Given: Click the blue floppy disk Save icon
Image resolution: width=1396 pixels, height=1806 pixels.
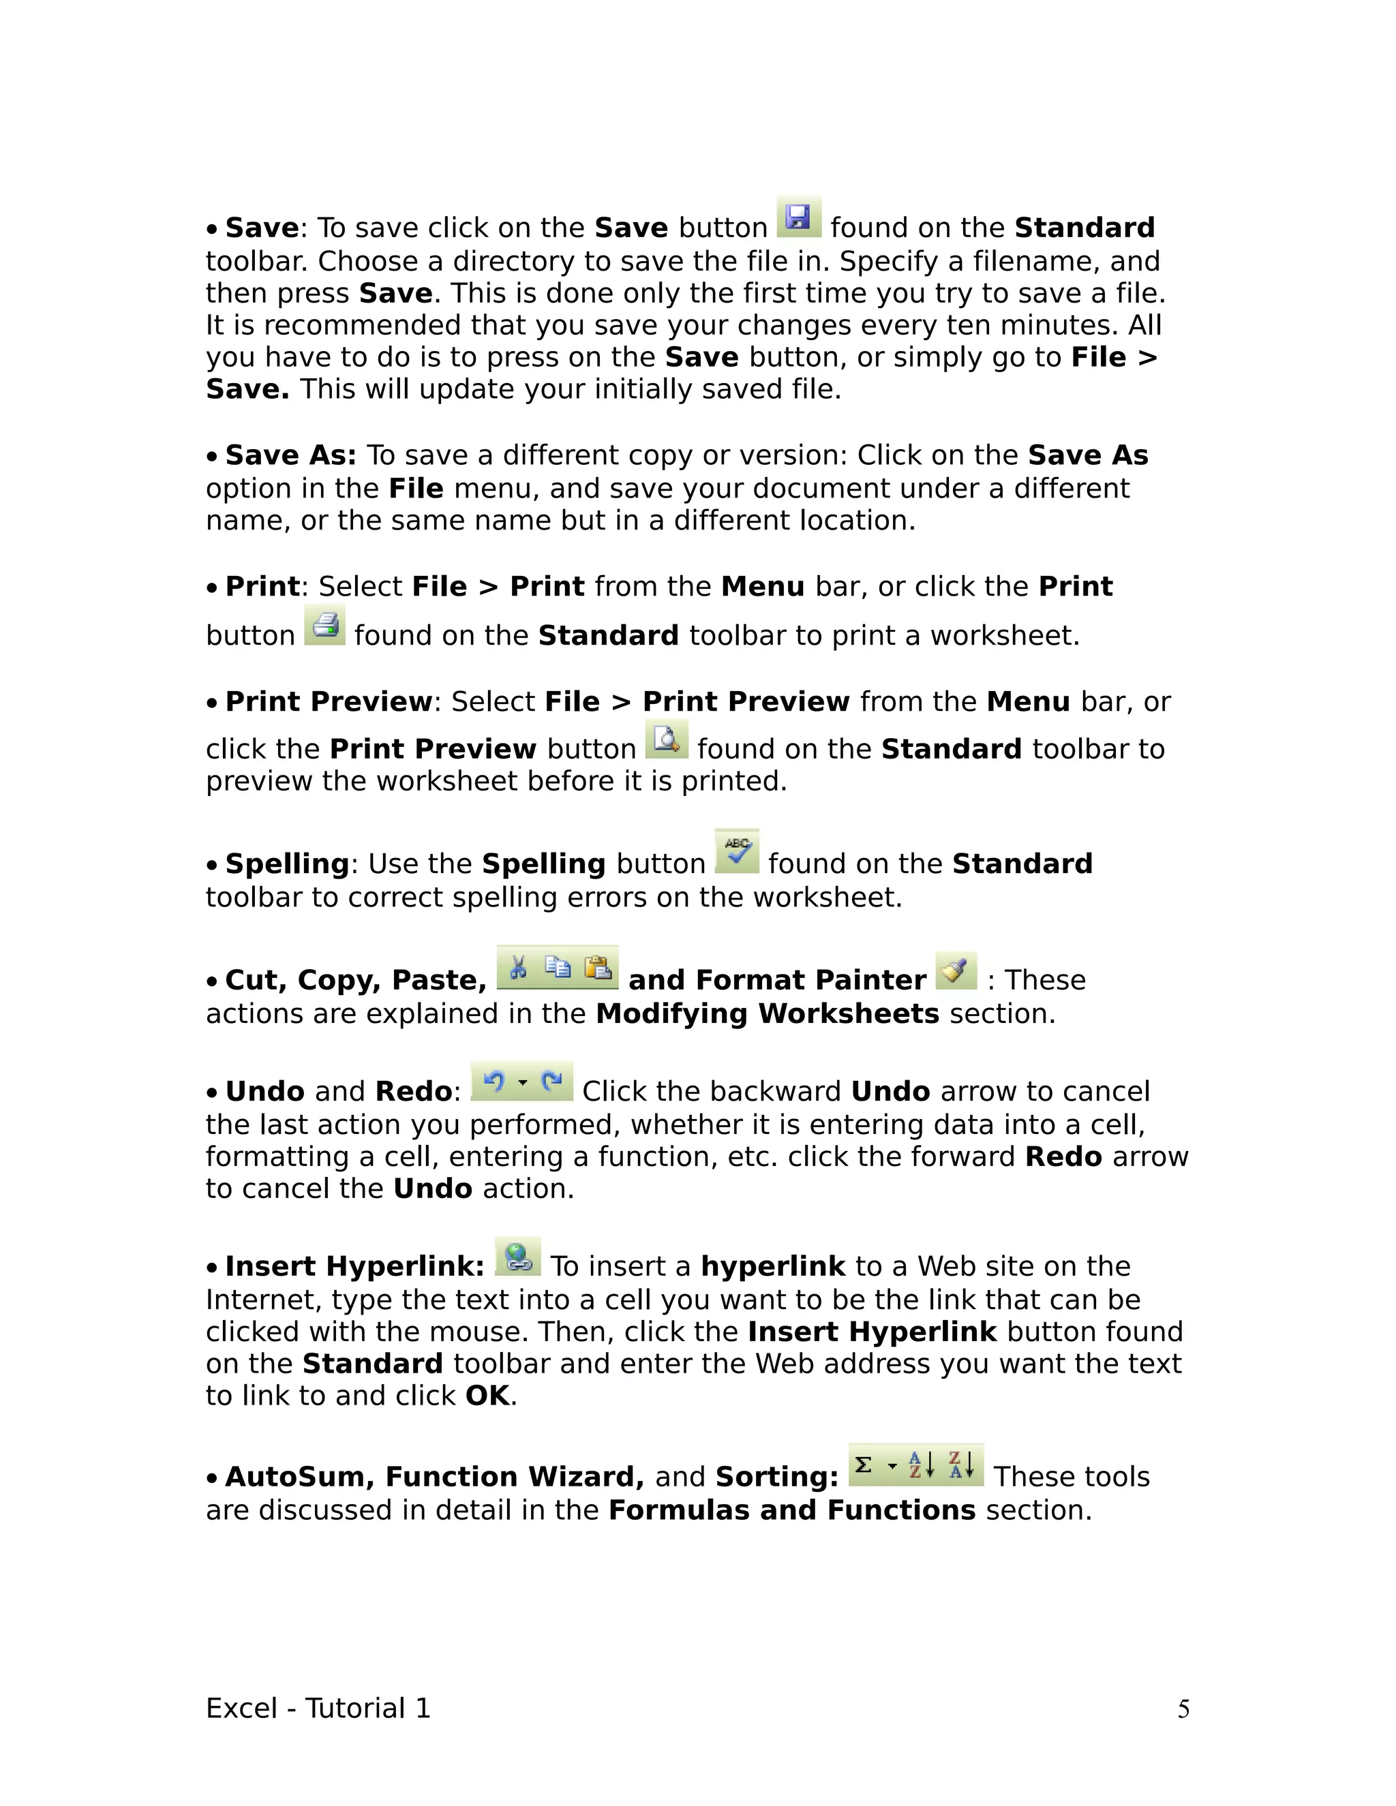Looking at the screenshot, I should point(799,217).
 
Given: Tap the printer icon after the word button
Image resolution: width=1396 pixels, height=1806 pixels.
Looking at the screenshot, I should point(325,625).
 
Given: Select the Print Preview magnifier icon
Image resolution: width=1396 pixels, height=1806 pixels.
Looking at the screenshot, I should point(666,739).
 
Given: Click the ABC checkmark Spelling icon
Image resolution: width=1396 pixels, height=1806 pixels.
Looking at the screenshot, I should point(737,852).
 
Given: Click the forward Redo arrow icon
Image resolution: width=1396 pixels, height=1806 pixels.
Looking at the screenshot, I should point(551,1081).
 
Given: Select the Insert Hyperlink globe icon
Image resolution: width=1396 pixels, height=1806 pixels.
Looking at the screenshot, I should point(518,1257).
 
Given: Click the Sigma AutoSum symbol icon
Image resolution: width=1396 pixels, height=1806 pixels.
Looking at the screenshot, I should point(864,1465).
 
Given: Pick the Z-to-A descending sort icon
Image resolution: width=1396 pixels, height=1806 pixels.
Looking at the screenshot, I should point(961,1465).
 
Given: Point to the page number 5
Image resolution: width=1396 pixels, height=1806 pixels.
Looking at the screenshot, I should point(1183,1709).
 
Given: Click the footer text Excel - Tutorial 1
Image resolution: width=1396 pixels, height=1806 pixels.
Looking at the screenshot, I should point(318,1709).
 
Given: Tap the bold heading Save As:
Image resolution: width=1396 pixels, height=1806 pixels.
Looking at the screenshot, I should point(290,456).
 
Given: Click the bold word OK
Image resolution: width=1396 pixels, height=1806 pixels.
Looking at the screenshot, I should point(487,1396).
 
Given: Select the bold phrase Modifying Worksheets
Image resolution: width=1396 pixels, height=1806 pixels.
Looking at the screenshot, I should point(768,1014).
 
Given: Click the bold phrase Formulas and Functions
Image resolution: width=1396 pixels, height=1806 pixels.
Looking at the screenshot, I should point(792,1511).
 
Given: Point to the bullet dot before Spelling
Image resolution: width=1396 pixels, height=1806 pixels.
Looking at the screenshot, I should point(213,865).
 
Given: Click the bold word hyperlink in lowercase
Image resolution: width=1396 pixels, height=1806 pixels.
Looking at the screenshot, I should point(773,1267).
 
